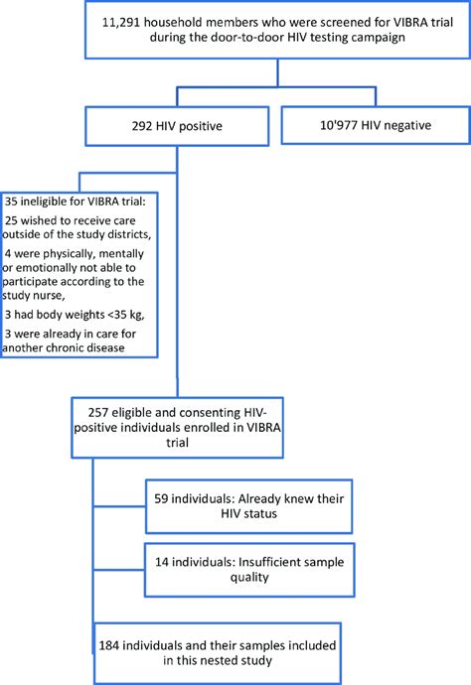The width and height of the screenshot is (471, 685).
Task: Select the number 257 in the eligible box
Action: tap(95, 409)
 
